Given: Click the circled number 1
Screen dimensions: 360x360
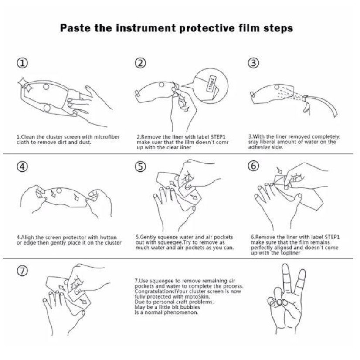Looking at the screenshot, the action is tap(23, 63).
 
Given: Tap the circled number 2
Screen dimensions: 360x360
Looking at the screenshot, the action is tap(140, 63).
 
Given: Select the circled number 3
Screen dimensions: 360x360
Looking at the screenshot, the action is tap(254, 63).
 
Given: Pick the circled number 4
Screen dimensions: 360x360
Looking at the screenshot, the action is tap(23, 166).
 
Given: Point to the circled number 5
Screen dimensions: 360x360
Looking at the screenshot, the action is tap(140, 166).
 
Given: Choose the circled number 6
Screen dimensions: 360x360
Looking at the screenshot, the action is tap(254, 166).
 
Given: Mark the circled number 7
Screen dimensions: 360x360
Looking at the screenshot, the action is tap(23, 271).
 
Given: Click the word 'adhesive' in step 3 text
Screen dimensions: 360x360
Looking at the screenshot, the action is tap(258, 147).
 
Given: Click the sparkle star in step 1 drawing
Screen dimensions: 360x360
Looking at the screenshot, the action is tap(25, 85).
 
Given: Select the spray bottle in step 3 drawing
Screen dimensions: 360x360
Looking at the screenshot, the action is tap(320, 106).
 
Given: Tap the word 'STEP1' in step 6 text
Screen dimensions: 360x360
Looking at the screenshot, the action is tap(332, 237).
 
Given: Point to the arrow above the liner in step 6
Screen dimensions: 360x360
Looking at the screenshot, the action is tap(279, 170).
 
